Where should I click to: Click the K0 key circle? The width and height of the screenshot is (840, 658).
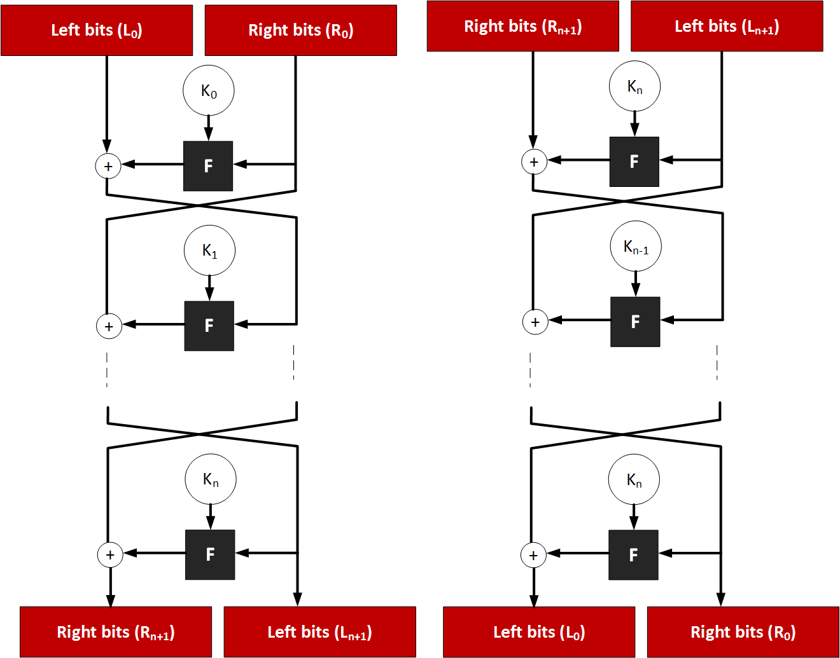click(209, 91)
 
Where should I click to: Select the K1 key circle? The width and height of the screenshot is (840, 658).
click(209, 250)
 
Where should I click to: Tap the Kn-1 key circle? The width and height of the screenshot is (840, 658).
click(636, 246)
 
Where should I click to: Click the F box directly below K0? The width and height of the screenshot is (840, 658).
click(208, 166)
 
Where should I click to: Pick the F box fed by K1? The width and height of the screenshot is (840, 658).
click(209, 326)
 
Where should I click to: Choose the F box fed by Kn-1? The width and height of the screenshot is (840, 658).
click(635, 322)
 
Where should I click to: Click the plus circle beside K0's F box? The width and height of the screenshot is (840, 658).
click(108, 166)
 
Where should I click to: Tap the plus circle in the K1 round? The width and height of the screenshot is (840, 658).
click(109, 326)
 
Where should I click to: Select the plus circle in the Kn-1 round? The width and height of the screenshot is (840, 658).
click(535, 322)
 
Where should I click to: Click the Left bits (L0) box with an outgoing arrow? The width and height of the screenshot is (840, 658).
click(97, 30)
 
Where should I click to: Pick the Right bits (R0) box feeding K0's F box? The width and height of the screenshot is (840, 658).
click(301, 30)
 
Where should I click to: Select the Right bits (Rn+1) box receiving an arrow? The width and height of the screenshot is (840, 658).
click(116, 632)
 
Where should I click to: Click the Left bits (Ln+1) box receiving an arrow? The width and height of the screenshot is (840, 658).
click(320, 632)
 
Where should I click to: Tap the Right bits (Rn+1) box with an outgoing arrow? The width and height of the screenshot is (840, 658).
click(523, 26)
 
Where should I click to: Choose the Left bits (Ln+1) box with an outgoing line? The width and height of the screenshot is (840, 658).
click(727, 26)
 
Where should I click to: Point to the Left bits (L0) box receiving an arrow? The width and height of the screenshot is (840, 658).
click(539, 632)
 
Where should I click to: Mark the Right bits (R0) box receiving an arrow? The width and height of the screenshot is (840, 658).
click(743, 632)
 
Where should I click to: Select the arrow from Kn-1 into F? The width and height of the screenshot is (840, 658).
click(636, 284)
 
